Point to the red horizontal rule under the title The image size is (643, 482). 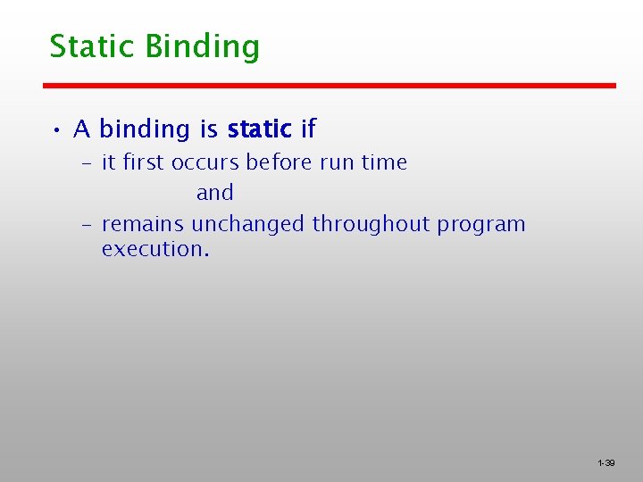click(330, 86)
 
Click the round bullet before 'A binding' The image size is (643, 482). click(55, 131)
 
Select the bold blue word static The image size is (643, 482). click(259, 129)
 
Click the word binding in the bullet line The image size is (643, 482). click(146, 130)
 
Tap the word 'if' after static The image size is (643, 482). click(308, 129)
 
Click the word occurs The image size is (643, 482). click(205, 162)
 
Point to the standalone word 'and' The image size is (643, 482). click(215, 193)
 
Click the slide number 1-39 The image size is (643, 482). click(605, 463)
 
